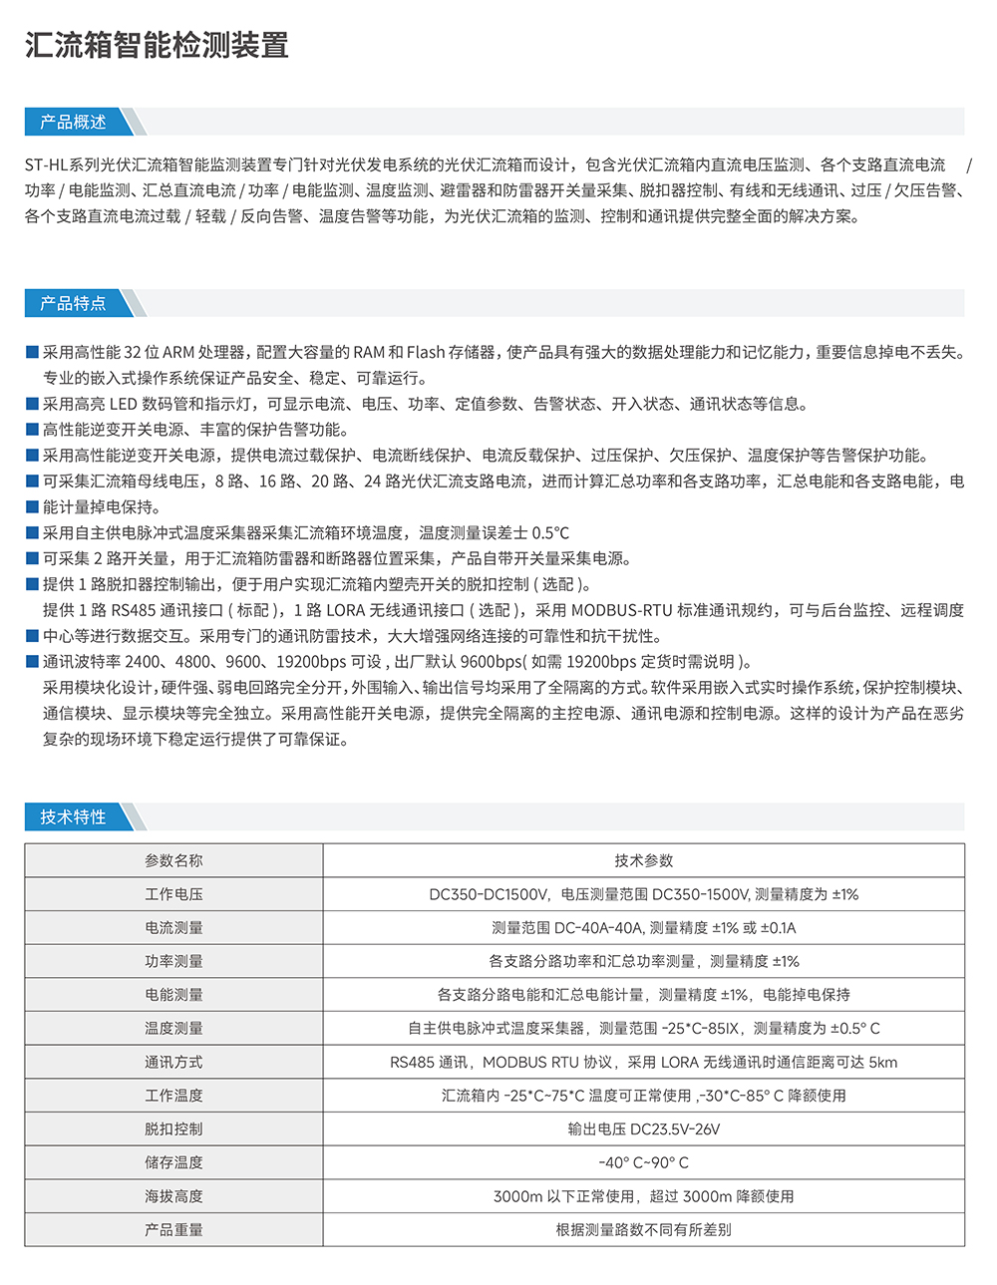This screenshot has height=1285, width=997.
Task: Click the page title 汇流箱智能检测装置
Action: point(157,46)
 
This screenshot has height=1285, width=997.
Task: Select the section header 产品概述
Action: point(73,122)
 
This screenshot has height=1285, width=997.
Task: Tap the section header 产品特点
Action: point(73,303)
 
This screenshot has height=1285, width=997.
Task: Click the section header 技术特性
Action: point(73,816)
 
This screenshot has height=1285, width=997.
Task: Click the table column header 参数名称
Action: point(173,860)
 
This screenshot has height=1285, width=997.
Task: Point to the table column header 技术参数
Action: point(643,860)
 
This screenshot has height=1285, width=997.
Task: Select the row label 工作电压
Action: point(173,894)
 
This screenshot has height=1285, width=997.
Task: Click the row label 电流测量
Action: point(173,927)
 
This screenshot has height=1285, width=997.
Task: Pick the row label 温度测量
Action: point(173,1028)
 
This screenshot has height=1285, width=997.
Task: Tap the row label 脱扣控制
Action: point(173,1128)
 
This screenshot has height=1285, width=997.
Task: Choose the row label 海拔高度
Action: point(173,1195)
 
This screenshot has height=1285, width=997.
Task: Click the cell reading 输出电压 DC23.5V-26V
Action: point(643,1128)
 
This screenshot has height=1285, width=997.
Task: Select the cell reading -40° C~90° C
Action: point(643,1162)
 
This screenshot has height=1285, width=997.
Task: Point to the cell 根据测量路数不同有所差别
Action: point(643,1229)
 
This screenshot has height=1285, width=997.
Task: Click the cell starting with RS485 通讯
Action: point(643,1062)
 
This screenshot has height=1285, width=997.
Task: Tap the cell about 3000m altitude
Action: point(643,1195)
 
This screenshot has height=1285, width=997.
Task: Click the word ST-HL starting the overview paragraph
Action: point(46,164)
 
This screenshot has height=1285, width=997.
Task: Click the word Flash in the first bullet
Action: point(426,352)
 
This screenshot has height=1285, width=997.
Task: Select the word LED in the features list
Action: point(123,404)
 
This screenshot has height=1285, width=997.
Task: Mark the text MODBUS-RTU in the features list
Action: point(621,610)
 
